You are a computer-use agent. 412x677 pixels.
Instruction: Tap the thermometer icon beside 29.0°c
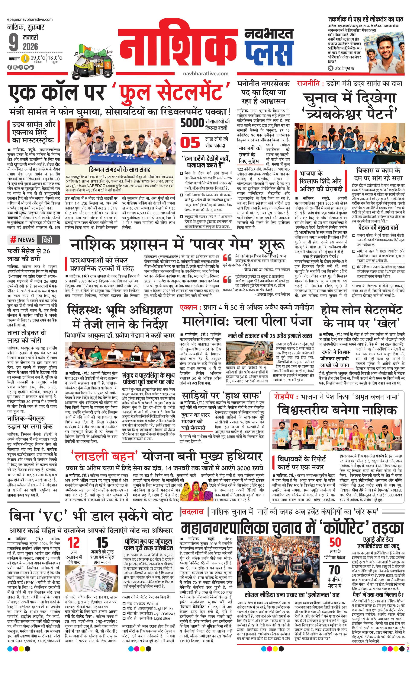(x=26, y=58)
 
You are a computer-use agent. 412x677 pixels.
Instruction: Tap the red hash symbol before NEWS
(x=13, y=240)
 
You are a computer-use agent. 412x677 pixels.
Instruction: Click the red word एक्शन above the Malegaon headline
(x=189, y=308)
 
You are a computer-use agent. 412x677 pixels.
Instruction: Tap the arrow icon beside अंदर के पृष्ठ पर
(x=331, y=68)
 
